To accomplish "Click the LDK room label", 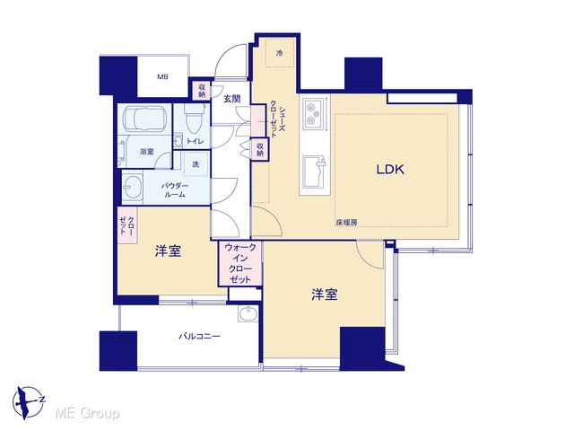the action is [390, 170].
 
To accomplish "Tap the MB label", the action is [163, 77].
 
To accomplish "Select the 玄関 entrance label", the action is [232, 98].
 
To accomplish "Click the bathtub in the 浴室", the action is [145, 119].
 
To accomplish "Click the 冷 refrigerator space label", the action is [280, 53].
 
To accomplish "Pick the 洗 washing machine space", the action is [196, 164].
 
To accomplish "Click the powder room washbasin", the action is [132, 187].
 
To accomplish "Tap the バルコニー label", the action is [199, 336].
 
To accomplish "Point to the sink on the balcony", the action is [248, 313].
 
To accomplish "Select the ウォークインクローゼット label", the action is [240, 263].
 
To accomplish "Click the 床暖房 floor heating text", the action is [346, 222].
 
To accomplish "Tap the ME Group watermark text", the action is [87, 414].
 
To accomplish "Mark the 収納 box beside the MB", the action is [202, 90].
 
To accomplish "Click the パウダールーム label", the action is [175, 190].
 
